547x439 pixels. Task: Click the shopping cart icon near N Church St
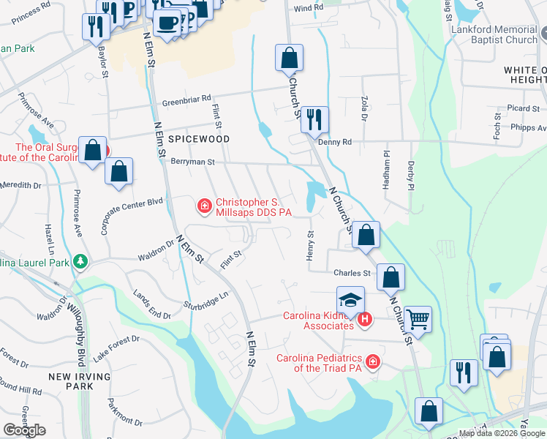coord(418,318)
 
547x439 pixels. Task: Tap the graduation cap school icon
coord(350,299)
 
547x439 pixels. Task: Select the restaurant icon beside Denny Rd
coord(314,119)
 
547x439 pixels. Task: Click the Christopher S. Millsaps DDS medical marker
coord(205,207)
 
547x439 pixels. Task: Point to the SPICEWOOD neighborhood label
coord(199,139)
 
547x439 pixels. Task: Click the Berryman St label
coord(192,162)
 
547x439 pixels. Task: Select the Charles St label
coord(352,274)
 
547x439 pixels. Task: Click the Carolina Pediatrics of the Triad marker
coord(373,362)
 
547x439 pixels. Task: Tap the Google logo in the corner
coord(24,430)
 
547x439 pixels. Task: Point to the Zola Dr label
coord(363,107)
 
